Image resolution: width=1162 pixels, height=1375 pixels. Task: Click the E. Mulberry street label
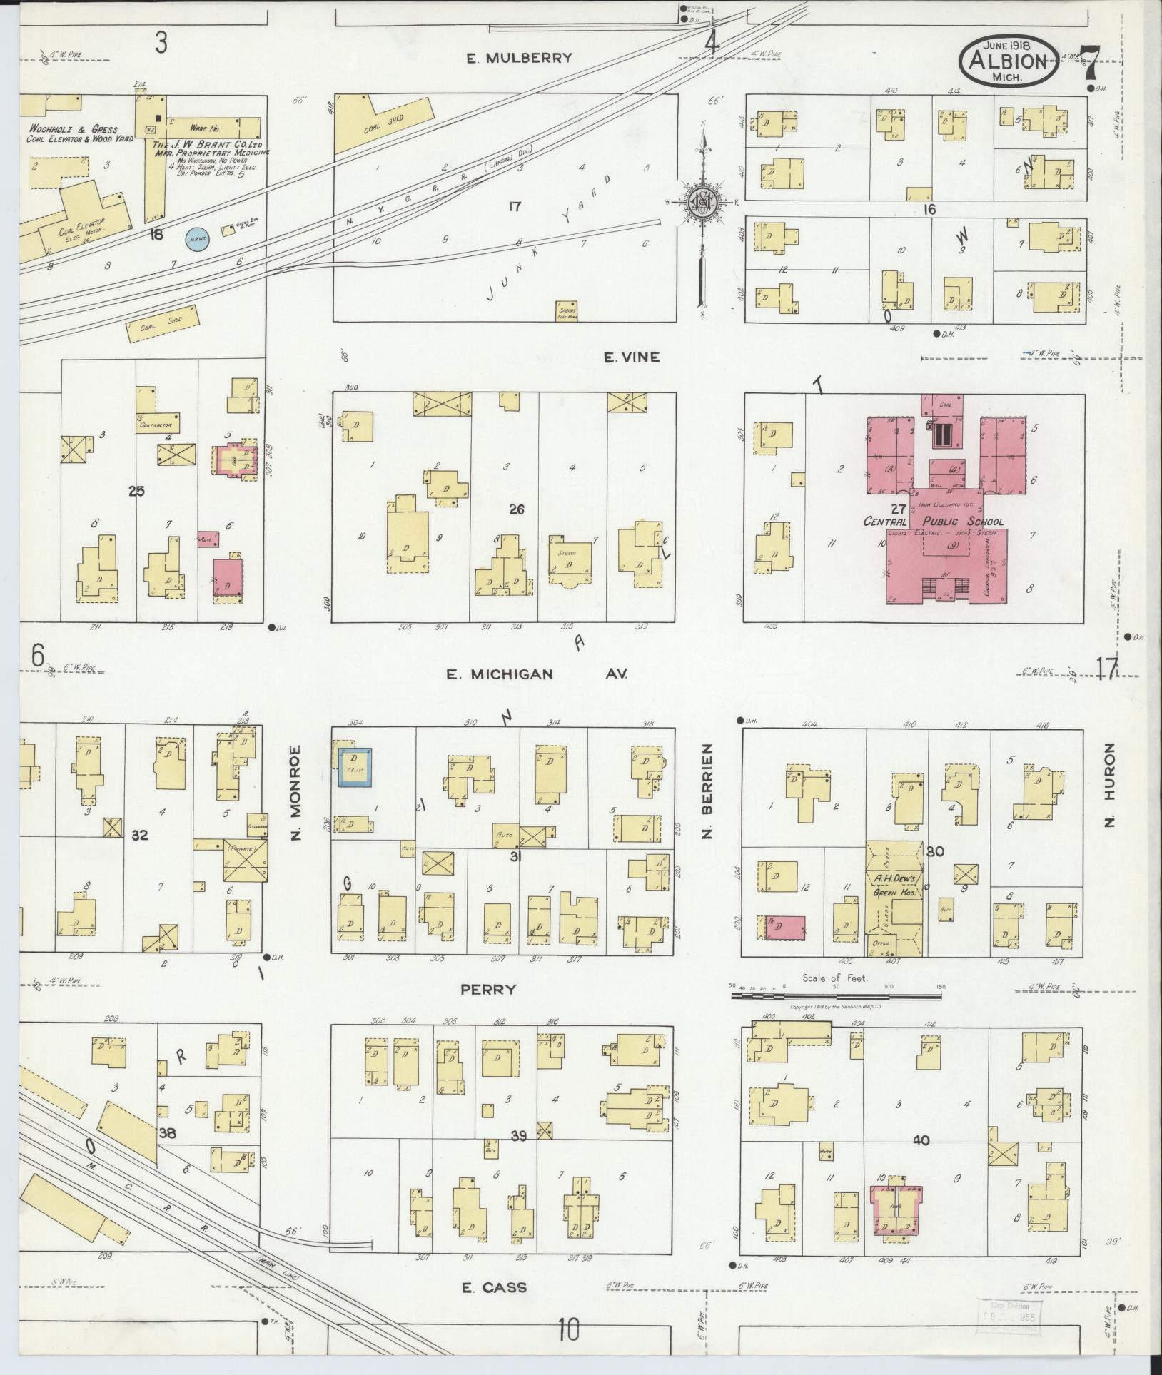pyautogui.click(x=519, y=59)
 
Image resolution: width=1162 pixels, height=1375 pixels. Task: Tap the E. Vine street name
pyautogui.click(x=631, y=357)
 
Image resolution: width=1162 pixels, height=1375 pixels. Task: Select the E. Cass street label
pyautogui.click(x=494, y=1287)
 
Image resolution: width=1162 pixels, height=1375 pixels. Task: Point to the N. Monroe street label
pyautogui.click(x=298, y=792)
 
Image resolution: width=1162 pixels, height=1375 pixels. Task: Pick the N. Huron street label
pyautogui.click(x=1108, y=785)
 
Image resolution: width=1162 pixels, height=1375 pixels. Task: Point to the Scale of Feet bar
pyautogui.click(x=835, y=988)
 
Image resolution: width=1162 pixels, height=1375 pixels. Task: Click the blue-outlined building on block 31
pyautogui.click(x=355, y=767)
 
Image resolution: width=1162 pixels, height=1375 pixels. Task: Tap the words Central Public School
pyautogui.click(x=935, y=521)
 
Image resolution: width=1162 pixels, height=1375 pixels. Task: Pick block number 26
pyautogui.click(x=517, y=509)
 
